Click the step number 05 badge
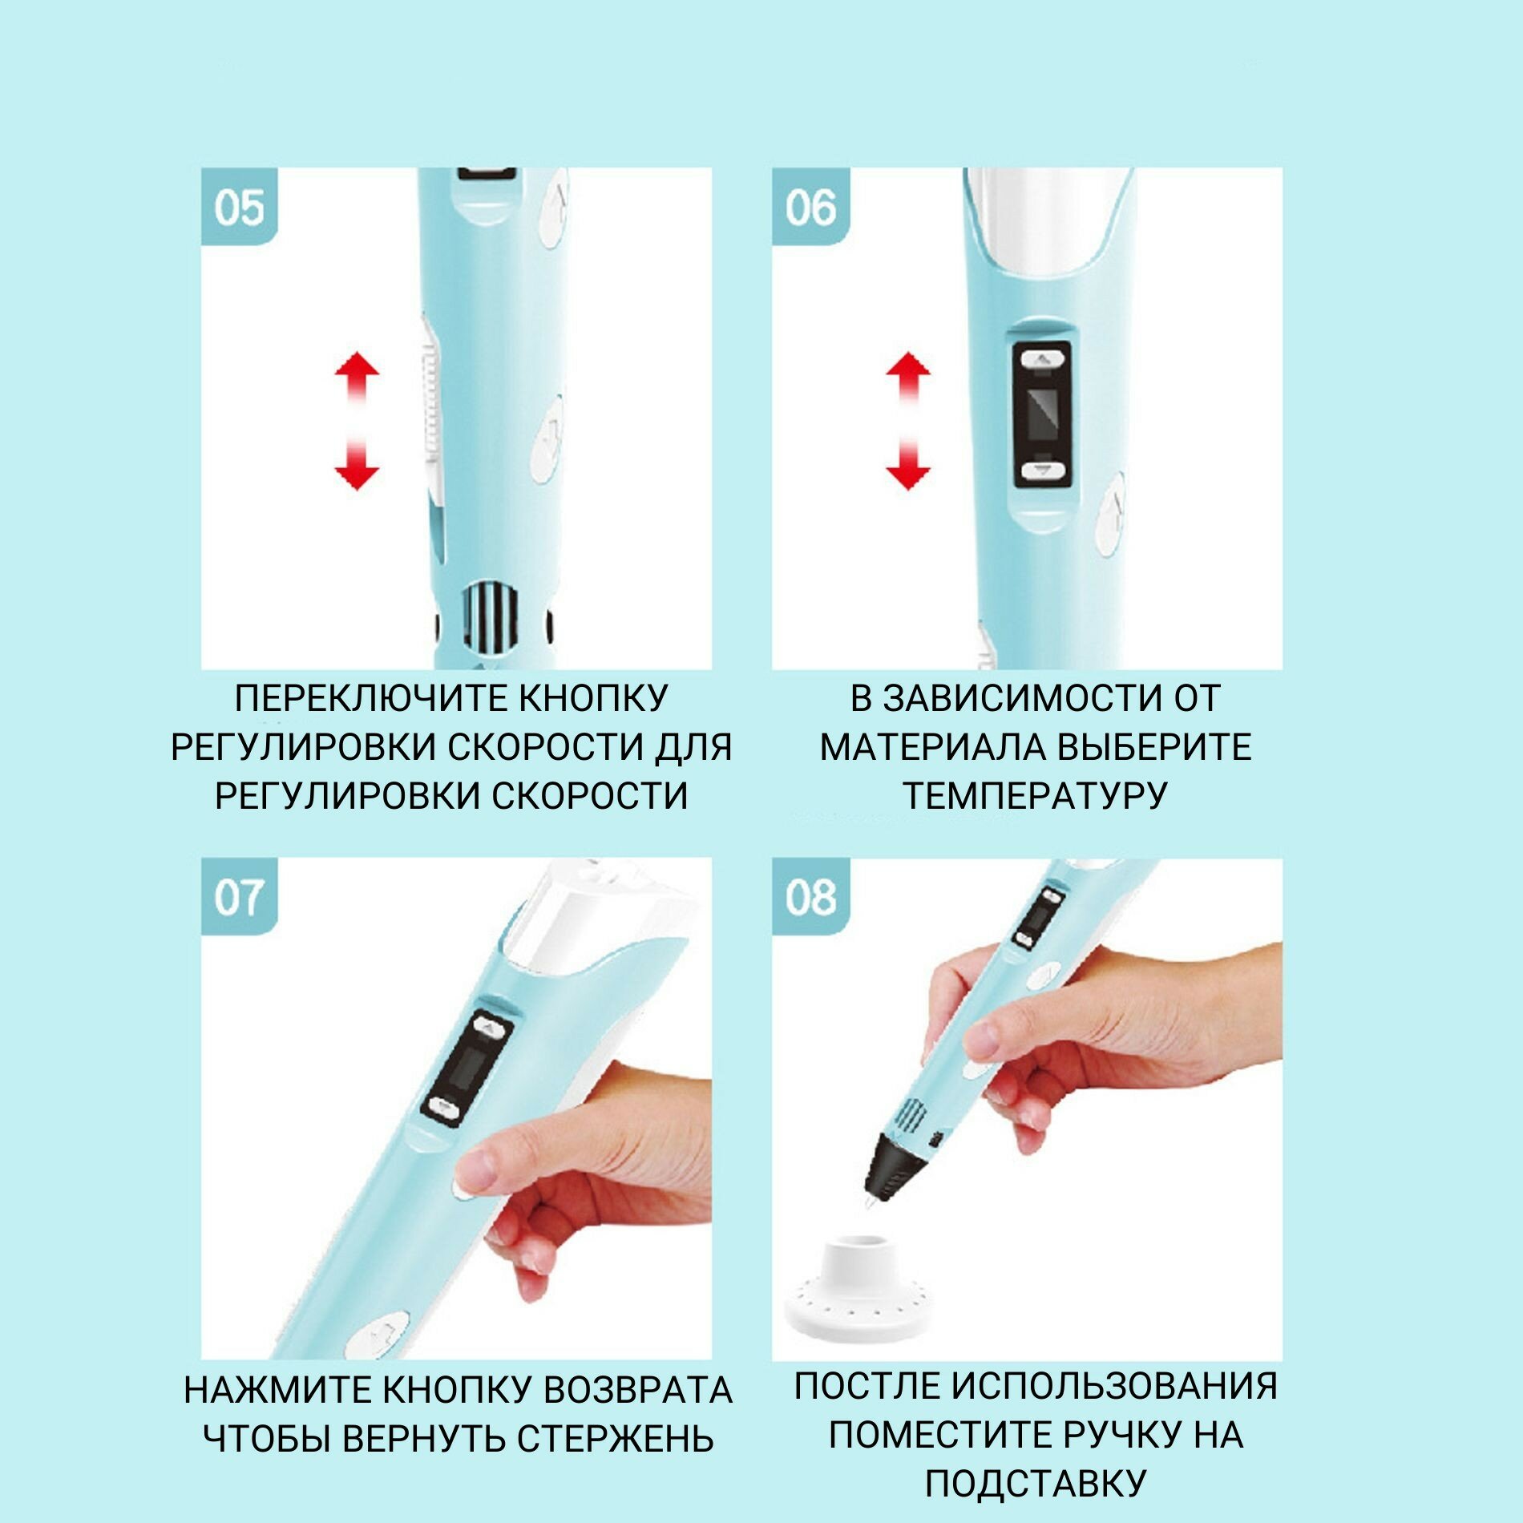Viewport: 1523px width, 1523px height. (x=239, y=206)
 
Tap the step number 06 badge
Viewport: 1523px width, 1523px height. (x=810, y=206)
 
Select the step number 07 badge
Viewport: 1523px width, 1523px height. (x=239, y=897)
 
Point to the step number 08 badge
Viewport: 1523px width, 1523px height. (x=810, y=897)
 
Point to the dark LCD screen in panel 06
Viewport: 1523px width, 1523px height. (x=1042, y=414)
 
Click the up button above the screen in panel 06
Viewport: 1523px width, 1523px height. (x=1042, y=360)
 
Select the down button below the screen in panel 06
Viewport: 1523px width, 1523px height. (x=1042, y=470)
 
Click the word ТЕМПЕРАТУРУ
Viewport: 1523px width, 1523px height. (x=1035, y=795)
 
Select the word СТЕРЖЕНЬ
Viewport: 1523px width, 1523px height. (x=615, y=1438)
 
